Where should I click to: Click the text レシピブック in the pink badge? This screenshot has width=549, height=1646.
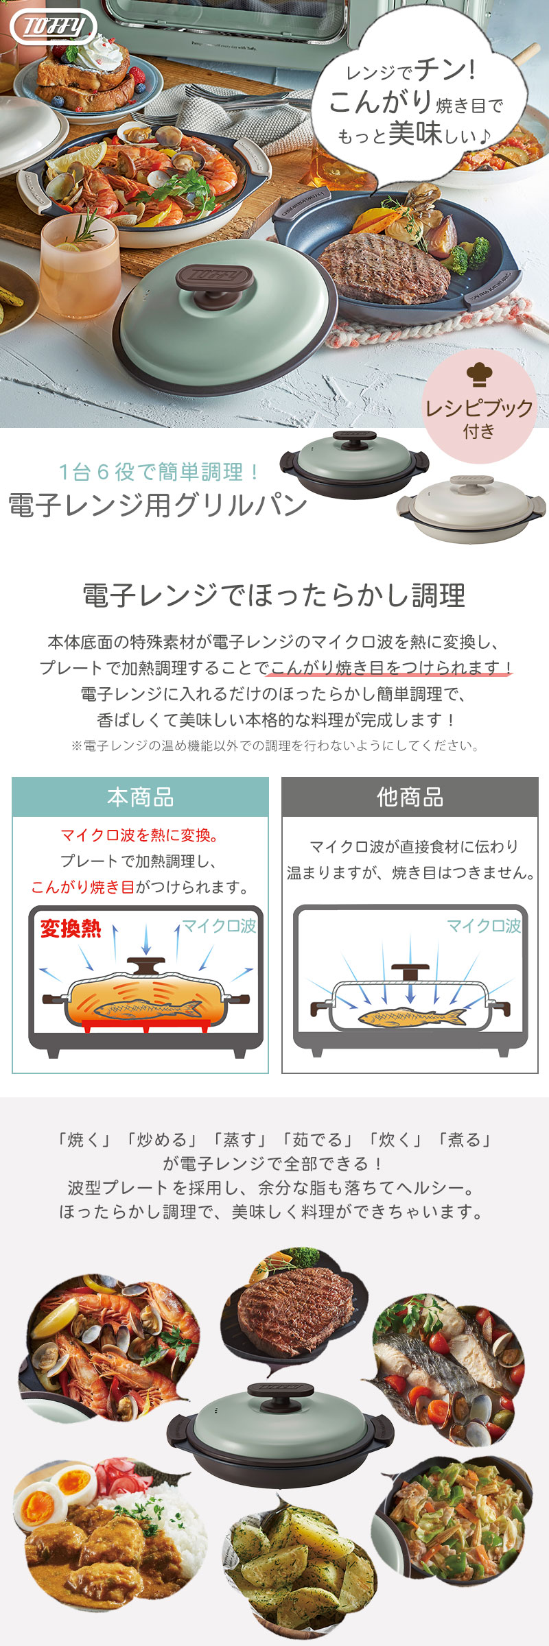(x=479, y=408)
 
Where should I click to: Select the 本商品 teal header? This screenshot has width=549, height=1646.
(x=140, y=797)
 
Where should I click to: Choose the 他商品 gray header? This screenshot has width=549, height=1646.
(x=410, y=797)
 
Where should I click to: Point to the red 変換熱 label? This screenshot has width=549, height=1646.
(x=70, y=929)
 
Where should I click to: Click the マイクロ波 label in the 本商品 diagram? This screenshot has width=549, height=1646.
(x=219, y=926)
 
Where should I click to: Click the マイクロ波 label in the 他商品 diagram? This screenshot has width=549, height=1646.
(x=484, y=926)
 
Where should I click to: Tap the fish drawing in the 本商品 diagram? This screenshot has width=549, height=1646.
(x=147, y=1009)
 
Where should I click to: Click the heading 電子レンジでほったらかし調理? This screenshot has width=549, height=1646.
(x=274, y=595)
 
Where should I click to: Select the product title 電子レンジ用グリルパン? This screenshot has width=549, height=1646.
(x=158, y=505)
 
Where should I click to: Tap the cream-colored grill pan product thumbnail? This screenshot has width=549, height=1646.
(x=471, y=508)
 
